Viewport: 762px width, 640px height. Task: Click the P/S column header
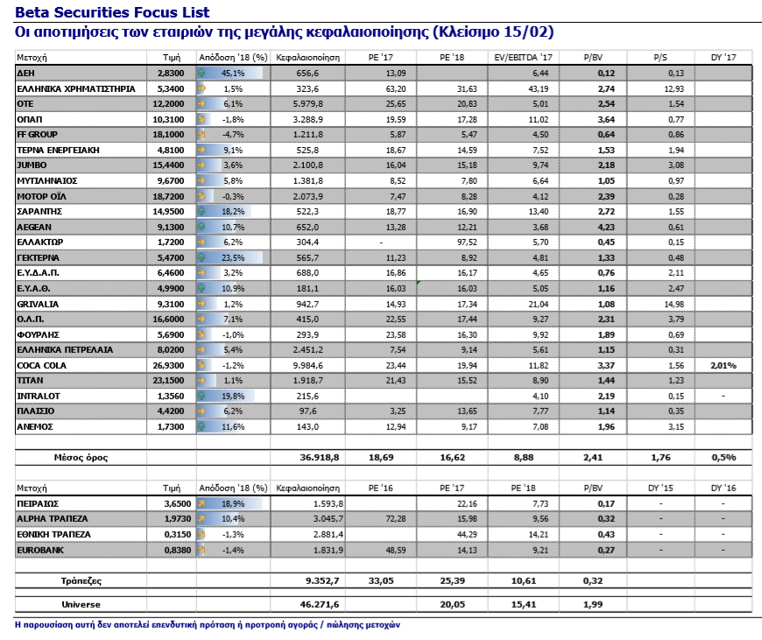tap(660, 56)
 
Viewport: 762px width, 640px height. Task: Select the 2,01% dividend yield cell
tap(723, 364)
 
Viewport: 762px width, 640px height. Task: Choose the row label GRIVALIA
tap(35, 303)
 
